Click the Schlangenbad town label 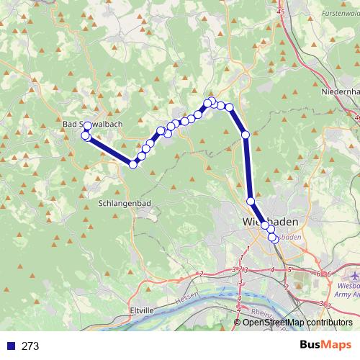point(123,204)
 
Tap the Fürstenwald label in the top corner point(330,14)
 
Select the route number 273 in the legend point(30,346)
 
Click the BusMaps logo point(324,346)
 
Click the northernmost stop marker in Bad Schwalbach point(87,127)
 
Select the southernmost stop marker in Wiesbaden point(272,238)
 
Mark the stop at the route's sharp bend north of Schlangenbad point(133,164)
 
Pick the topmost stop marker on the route point(212,101)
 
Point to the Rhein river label point(261,313)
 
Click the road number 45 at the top point(280,13)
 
